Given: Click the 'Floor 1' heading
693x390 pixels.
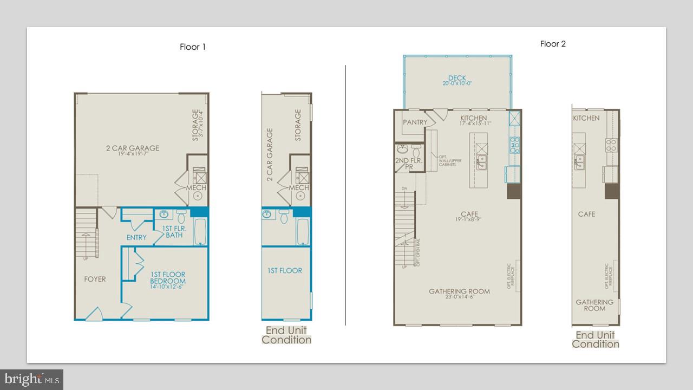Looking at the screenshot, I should tap(193, 47).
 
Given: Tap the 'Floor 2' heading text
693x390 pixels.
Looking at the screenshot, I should tap(553, 44).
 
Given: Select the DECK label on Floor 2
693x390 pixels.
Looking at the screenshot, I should tap(456, 79).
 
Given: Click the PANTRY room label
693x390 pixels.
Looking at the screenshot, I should tap(415, 122).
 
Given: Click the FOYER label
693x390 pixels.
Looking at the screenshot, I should tap(95, 279).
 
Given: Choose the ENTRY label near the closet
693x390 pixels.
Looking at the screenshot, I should tap(136, 238).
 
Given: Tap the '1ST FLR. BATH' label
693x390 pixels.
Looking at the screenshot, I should tap(174, 232).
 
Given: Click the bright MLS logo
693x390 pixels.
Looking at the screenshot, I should tap(32, 379).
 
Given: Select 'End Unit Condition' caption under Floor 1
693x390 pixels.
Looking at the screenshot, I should tap(286, 335).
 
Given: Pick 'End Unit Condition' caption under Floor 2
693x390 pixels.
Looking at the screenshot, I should tap(596, 340).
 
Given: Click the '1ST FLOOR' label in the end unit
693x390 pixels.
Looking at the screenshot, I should tap(285, 271).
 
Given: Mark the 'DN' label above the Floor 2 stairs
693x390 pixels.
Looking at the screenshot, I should tap(403, 188).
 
